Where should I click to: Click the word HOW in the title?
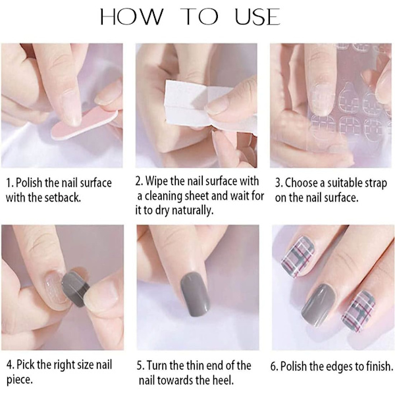[x=132, y=17]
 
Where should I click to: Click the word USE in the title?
[x=257, y=17]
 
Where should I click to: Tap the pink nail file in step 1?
[x=84, y=124]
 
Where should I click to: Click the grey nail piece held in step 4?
[x=76, y=290]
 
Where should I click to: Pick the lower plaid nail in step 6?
[x=358, y=311]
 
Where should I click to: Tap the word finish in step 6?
[x=378, y=366]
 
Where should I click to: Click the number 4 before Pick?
[x=10, y=365]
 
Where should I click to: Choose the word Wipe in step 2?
[x=157, y=182]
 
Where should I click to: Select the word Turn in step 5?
[x=156, y=365]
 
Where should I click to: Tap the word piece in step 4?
[x=20, y=380]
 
